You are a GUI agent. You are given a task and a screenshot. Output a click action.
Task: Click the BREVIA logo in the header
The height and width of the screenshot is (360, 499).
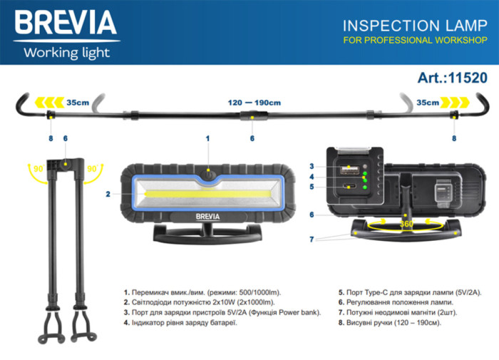point(65,23)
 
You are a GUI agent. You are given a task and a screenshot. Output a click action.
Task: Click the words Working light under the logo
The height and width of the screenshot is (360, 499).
point(66,52)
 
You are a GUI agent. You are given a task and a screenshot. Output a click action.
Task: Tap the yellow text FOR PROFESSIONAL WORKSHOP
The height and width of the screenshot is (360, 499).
point(414,40)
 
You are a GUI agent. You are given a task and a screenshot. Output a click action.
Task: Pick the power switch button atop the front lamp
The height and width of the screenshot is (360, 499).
point(207,173)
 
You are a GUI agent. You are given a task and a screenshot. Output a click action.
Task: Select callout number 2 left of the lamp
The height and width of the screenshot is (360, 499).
point(108,193)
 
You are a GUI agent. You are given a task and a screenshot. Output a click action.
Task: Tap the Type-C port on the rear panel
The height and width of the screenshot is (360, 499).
point(350,188)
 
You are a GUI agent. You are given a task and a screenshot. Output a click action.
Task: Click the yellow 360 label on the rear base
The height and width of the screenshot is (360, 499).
point(407,224)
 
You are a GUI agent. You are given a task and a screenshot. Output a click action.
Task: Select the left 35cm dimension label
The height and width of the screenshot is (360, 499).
point(78,103)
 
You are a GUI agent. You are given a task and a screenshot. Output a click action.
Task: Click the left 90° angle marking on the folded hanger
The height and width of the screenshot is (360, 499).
point(38,170)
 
